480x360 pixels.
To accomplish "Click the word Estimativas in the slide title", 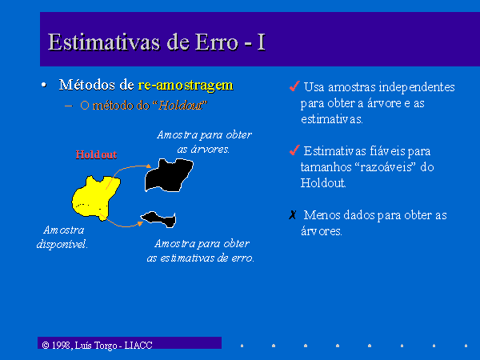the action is point(104,42).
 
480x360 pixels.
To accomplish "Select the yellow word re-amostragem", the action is point(186,86).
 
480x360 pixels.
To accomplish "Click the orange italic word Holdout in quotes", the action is point(181,106).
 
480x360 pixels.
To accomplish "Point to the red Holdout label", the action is point(96,154).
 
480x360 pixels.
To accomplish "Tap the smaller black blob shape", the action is point(159,219).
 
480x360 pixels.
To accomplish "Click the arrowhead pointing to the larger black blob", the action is point(149,166).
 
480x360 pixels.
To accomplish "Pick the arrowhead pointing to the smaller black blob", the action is point(140,223).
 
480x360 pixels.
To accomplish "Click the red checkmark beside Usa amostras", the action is point(294,86).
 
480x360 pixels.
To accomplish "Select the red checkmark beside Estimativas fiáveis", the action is point(294,150).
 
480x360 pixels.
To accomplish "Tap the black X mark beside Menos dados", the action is point(293,215).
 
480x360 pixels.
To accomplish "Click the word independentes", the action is point(417,87).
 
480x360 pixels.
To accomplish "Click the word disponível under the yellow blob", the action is point(62,244).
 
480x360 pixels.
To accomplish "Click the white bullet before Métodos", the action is point(44,85).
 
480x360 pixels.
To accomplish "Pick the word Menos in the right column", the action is point(322,215).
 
